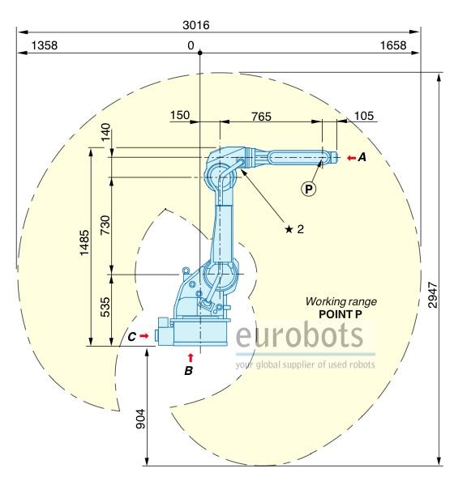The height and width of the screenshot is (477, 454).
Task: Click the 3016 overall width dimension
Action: [196, 25]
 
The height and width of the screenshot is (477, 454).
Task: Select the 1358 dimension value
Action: [45, 45]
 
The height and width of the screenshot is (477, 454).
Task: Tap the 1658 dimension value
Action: [393, 45]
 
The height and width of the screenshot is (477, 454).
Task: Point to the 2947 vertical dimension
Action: [433, 295]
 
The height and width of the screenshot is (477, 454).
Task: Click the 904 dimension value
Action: [140, 419]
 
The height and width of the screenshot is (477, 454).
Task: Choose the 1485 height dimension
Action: [84, 243]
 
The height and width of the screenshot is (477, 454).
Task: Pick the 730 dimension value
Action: [105, 224]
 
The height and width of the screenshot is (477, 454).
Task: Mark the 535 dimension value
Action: [105, 307]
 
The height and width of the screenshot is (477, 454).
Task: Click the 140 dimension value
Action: [105, 132]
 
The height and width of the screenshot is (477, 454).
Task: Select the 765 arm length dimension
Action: [261, 117]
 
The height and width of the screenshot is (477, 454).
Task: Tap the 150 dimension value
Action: [180, 115]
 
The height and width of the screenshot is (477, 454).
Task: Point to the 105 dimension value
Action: [364, 116]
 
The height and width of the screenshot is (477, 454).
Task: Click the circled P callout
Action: [308, 190]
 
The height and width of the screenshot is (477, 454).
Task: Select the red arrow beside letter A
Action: [351, 158]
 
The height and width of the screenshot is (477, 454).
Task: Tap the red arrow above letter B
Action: [191, 358]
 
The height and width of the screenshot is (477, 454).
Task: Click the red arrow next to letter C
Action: [144, 336]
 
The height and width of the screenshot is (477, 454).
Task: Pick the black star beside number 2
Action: [289, 229]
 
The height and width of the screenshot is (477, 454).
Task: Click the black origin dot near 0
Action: [199, 53]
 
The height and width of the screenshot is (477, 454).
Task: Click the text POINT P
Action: [340, 314]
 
